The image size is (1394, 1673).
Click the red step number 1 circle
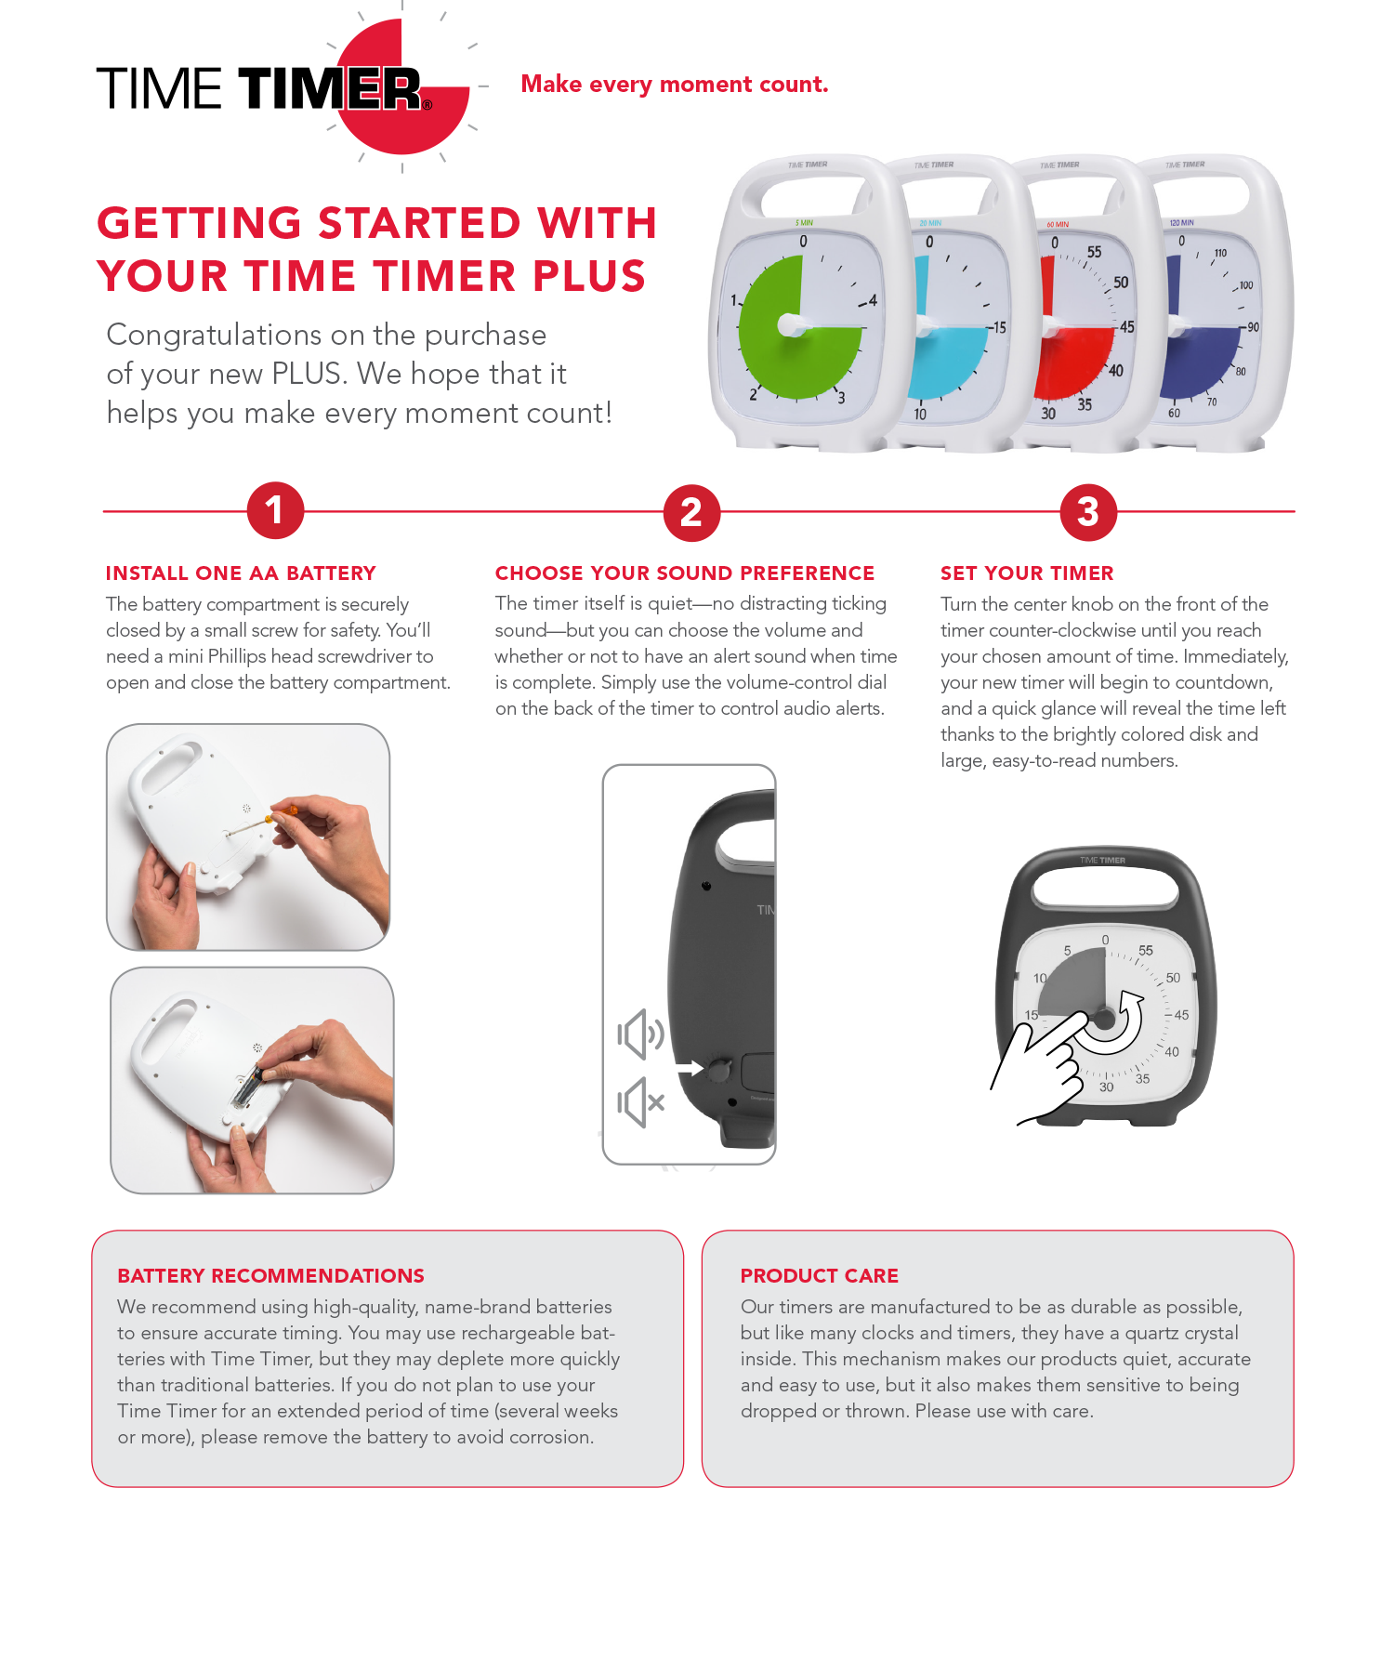(275, 510)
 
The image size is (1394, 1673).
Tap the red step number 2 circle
(691, 512)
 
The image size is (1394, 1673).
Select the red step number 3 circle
(1088, 512)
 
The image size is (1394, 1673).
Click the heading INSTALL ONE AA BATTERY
(241, 573)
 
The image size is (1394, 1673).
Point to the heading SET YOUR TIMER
(1026, 573)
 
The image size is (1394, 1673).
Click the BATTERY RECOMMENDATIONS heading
(270, 1275)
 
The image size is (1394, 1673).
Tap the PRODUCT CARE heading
(819, 1275)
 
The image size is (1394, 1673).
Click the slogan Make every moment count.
(674, 85)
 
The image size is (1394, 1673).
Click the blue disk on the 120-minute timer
(1199, 362)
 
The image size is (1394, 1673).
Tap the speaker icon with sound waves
(640, 1034)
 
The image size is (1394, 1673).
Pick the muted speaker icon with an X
(640, 1102)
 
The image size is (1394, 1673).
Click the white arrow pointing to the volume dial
(690, 1069)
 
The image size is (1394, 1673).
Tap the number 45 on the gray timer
(1181, 1015)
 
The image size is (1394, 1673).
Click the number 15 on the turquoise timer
(998, 327)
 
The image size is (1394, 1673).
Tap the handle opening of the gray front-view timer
(1103, 889)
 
